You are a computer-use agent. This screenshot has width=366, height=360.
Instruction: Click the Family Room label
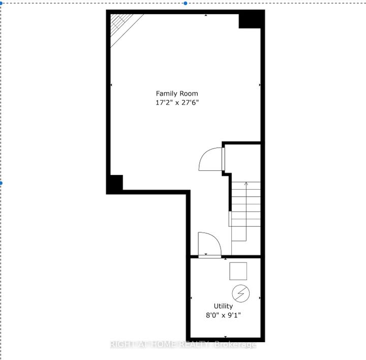(177, 94)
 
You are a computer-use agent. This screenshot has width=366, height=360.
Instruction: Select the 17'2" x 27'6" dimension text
(177, 103)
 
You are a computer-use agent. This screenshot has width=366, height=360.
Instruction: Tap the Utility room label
(223, 306)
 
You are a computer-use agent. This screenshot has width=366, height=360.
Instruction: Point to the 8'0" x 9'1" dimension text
(223, 315)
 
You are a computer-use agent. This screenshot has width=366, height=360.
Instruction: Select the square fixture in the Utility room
(238, 271)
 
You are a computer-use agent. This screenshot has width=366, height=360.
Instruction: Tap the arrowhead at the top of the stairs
(246, 184)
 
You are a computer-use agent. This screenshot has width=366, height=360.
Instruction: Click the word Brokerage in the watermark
(235, 345)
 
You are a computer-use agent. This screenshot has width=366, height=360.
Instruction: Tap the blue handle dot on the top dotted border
(186, 3)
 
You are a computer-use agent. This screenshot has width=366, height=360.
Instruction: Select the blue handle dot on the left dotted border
(1, 183)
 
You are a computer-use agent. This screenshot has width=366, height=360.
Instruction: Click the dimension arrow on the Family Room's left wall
(111, 85)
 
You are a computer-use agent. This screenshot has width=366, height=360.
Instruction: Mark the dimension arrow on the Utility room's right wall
(260, 298)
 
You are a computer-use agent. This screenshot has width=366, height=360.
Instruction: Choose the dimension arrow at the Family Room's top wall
(206, 15)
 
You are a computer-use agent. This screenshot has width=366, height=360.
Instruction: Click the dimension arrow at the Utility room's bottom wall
(226, 337)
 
